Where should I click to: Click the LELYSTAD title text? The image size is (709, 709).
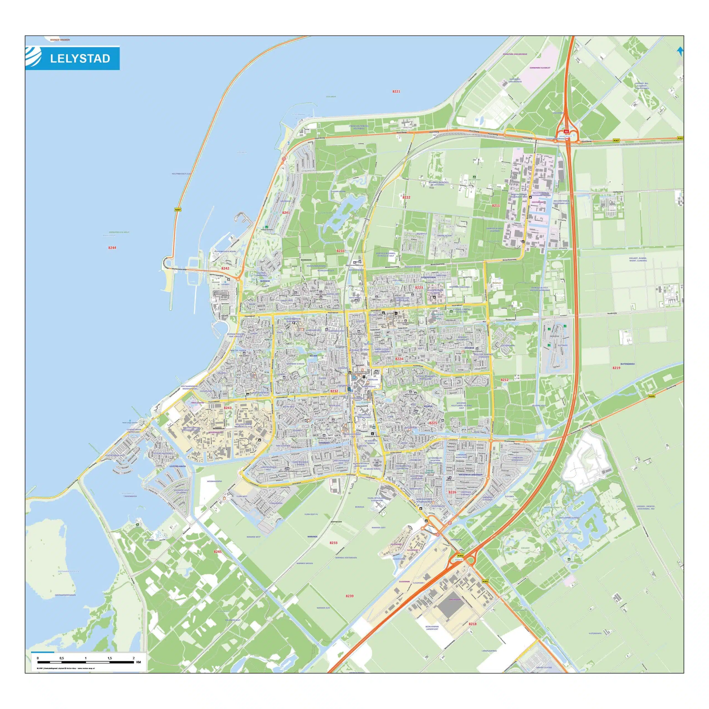tap(80, 59)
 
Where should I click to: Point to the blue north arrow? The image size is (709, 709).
tap(680, 51)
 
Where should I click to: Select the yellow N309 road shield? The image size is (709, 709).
tap(651, 396)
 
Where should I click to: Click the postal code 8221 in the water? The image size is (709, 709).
tap(396, 91)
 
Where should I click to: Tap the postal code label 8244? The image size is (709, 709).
tap(112, 248)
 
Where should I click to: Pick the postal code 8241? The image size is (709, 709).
tap(286, 212)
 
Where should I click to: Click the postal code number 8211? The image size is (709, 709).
tap(496, 205)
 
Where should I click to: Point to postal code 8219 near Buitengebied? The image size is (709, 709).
tap(616, 368)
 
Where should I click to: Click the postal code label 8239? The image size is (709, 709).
tap(349, 596)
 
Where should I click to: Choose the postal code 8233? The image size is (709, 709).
tap(333, 542)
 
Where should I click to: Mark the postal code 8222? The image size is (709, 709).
tap(406, 197)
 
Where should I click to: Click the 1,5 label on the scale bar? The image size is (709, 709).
tap(109, 658)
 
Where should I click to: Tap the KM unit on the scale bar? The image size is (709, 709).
tap(138, 662)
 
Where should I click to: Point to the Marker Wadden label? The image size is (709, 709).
tap(60, 40)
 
